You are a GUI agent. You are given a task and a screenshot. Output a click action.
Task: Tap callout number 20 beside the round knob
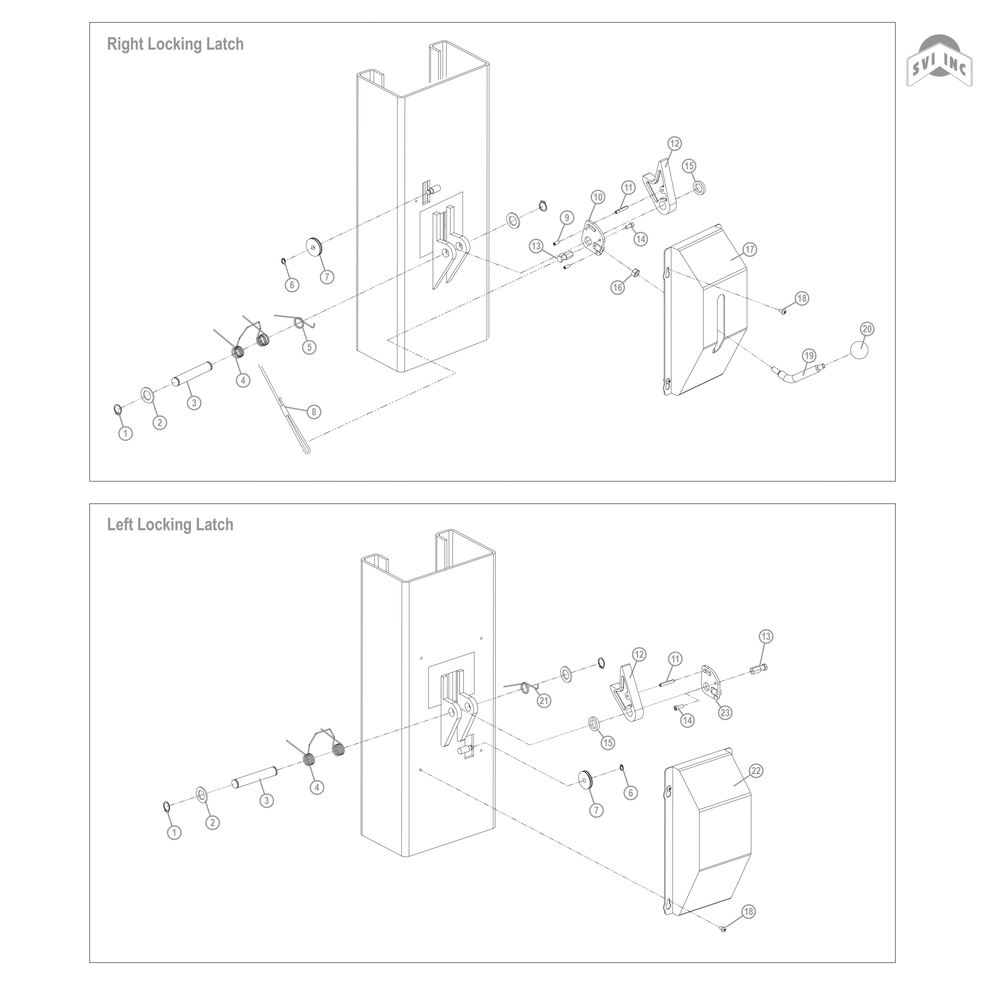pyautogui.click(x=867, y=329)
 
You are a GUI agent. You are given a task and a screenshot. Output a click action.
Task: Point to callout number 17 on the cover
pyautogui.click(x=750, y=249)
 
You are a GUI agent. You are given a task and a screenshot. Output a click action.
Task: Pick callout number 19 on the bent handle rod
pyautogui.click(x=809, y=356)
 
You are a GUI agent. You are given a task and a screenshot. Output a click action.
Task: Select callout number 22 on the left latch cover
pyautogui.click(x=756, y=770)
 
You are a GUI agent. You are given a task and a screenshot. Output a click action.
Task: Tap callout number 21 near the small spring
pyautogui.click(x=544, y=701)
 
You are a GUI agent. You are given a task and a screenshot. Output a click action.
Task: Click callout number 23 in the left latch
pyautogui.click(x=725, y=712)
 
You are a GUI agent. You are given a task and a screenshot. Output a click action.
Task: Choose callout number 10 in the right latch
pyautogui.click(x=598, y=197)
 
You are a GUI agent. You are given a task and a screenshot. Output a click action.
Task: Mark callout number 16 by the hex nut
pyautogui.click(x=618, y=287)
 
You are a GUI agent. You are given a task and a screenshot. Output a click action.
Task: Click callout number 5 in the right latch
pyautogui.click(x=309, y=347)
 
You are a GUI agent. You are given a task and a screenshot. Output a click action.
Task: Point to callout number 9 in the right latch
pyautogui.click(x=566, y=218)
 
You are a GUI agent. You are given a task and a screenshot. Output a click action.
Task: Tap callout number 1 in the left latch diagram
pyautogui.click(x=174, y=833)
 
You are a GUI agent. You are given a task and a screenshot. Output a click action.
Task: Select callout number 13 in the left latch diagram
pyautogui.click(x=766, y=636)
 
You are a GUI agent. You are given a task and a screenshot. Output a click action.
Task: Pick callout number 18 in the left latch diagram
pyautogui.click(x=748, y=911)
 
